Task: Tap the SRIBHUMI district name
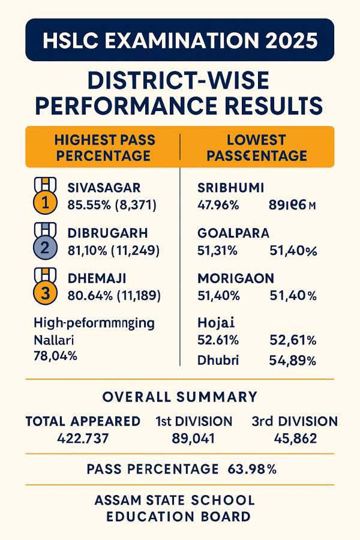point(230,188)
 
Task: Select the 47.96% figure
point(218,205)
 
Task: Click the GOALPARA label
point(233,233)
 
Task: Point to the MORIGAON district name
point(236,278)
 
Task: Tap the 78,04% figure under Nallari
point(56,356)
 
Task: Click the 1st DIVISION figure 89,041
point(194,439)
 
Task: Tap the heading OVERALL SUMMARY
point(180,397)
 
